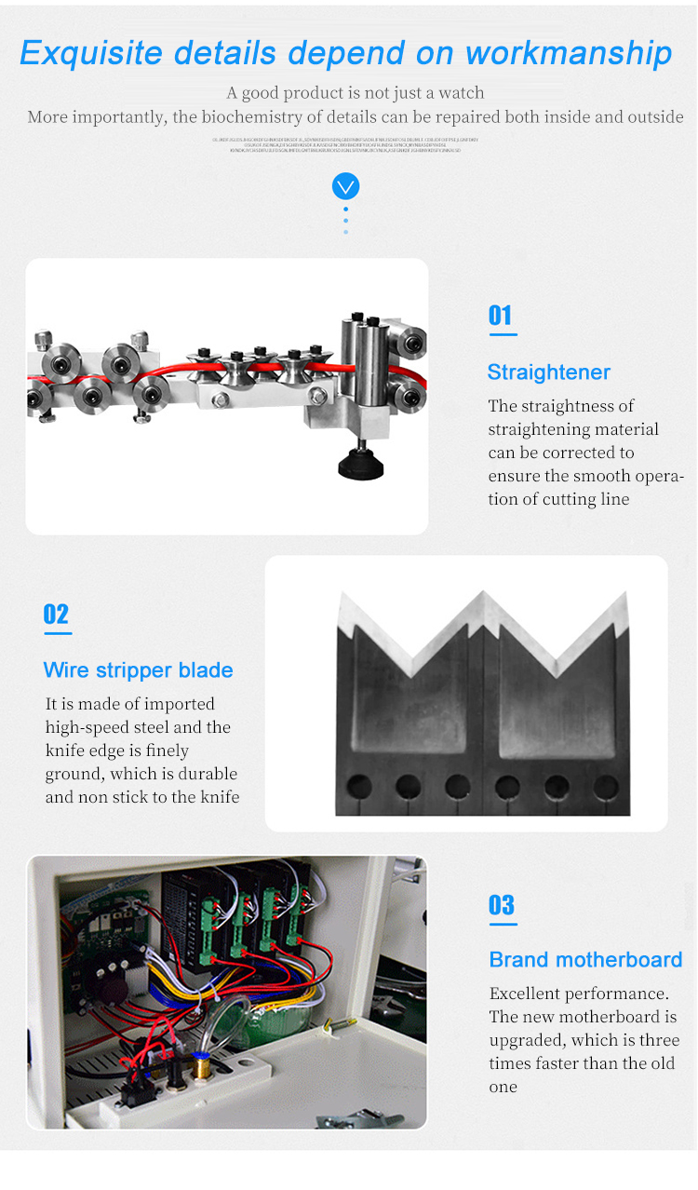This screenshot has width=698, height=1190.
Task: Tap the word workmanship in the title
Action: (x=569, y=52)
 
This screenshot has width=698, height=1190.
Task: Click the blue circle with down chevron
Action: (x=345, y=187)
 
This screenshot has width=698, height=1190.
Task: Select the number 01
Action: (x=501, y=316)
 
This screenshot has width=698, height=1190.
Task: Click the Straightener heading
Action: (x=548, y=372)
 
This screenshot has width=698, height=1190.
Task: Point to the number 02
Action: (x=56, y=615)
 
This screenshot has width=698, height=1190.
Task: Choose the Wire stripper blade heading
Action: (x=138, y=670)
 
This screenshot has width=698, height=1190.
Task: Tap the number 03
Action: (x=501, y=905)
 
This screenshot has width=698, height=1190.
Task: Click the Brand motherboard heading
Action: (x=585, y=960)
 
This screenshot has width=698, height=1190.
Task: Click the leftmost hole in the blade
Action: (x=358, y=788)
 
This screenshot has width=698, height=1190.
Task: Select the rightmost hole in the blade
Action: (x=606, y=788)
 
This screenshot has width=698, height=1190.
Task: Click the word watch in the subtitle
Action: (x=463, y=93)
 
